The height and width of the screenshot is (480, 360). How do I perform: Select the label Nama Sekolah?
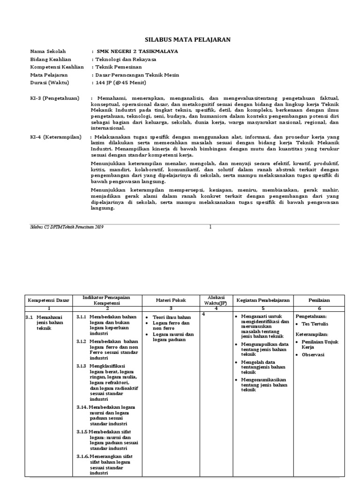(x=48, y=51)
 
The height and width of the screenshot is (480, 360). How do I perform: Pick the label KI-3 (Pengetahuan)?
(x=55, y=98)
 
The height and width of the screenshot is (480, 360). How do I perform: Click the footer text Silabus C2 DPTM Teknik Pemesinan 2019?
(x=67, y=227)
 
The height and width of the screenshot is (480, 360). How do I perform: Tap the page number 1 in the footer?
(x=210, y=227)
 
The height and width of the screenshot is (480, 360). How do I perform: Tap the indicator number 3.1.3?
(x=82, y=366)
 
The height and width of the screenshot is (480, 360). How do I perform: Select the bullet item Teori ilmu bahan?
(x=172, y=317)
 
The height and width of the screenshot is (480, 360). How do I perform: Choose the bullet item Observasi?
(x=314, y=355)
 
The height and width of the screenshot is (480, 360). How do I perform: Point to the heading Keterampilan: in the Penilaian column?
(x=312, y=334)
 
